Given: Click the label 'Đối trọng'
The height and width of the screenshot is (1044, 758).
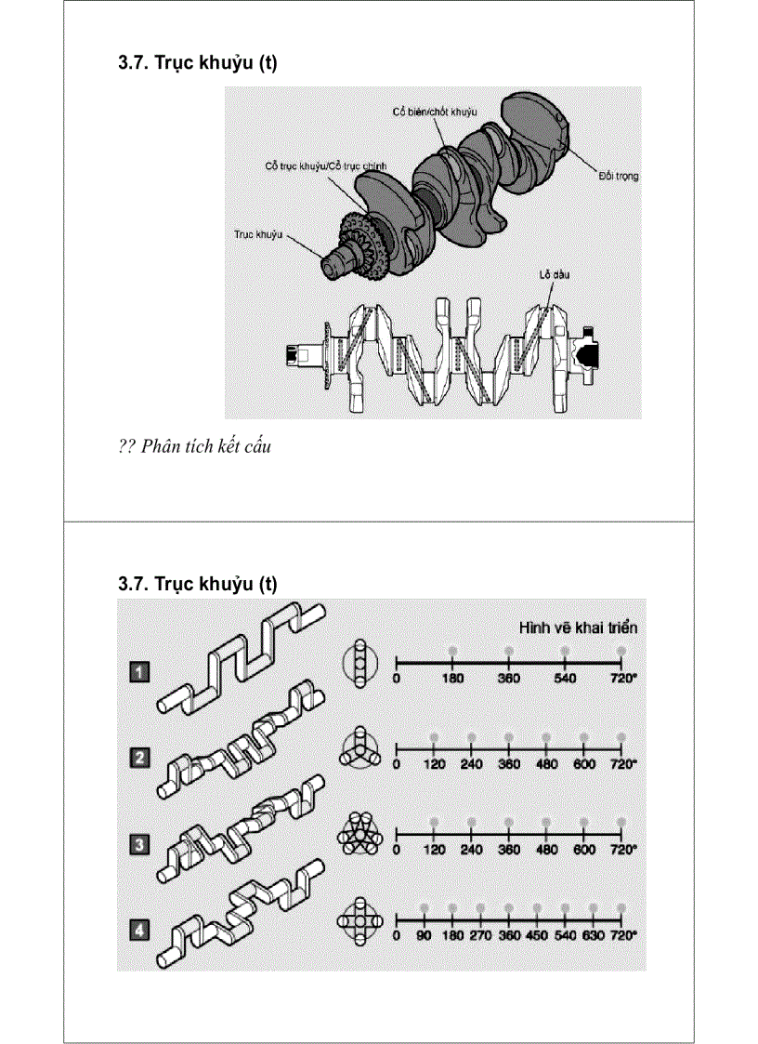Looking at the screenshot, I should tap(617, 175).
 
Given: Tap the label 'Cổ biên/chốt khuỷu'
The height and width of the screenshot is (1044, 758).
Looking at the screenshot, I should tap(433, 111).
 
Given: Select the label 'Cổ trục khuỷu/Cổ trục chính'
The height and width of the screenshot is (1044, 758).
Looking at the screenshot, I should tap(326, 165).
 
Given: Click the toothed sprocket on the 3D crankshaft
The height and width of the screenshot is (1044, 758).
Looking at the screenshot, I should tap(357, 248).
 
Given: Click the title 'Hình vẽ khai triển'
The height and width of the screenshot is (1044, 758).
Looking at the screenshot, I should tap(577, 627).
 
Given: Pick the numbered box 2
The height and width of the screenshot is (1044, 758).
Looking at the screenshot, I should tap(138, 758).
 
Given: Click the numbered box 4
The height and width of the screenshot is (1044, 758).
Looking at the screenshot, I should tap(138, 926).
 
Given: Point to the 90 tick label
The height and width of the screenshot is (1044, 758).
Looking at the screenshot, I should tap(424, 935).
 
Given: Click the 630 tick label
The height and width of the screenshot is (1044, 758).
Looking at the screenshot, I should tap(594, 935).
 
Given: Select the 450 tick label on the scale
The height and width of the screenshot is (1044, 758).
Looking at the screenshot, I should tap(537, 935).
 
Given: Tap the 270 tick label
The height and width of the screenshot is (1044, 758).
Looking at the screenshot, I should tap(480, 935).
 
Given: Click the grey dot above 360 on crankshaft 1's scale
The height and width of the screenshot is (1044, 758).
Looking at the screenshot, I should tap(509, 651).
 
